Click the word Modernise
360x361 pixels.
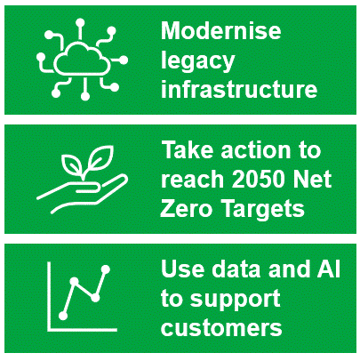click(220, 31)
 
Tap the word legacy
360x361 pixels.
click(198, 61)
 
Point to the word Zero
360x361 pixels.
click(186, 208)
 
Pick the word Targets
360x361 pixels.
click(264, 210)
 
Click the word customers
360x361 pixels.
click(221, 328)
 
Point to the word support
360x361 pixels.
click(235, 300)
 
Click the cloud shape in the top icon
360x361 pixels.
click(82, 59)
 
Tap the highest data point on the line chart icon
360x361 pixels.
click(106, 269)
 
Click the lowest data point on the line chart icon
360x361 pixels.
click(63, 317)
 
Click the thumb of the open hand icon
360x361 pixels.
click(88, 189)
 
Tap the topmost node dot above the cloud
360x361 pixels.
click(80, 23)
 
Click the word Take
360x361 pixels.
click(188, 150)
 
